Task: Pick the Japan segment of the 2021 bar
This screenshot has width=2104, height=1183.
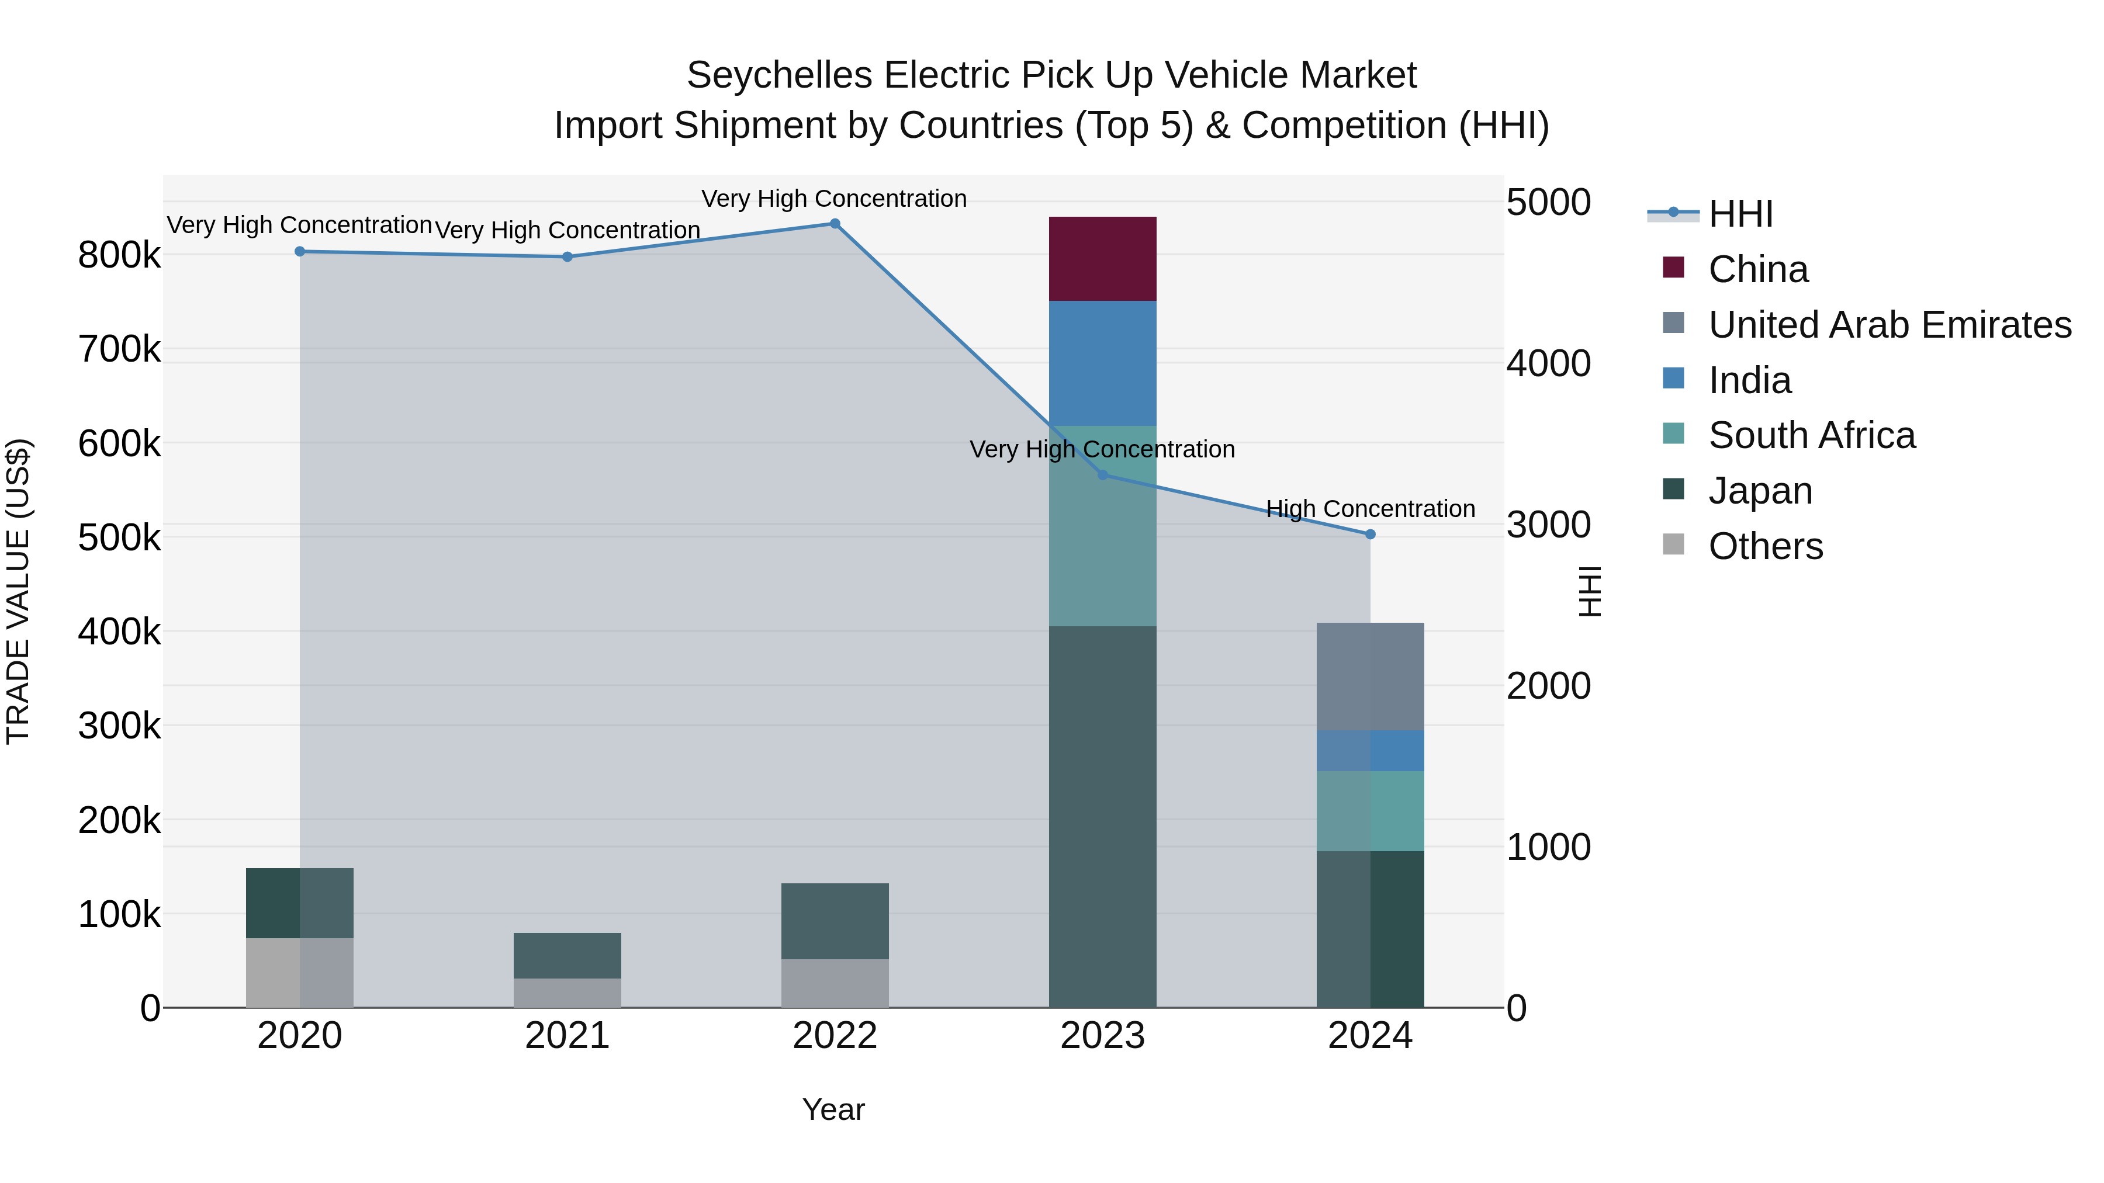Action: (x=567, y=955)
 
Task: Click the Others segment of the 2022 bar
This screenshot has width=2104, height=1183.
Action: (x=834, y=983)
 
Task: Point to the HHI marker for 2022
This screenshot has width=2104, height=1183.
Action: (x=835, y=224)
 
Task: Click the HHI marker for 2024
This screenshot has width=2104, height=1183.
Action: (x=1370, y=535)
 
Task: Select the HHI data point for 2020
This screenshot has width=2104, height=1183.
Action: (x=300, y=251)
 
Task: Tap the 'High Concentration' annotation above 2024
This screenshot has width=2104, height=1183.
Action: (x=1370, y=509)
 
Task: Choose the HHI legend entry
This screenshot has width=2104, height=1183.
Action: (x=1740, y=214)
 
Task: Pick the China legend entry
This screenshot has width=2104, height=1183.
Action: (x=1757, y=269)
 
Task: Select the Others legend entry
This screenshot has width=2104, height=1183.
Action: (x=1765, y=546)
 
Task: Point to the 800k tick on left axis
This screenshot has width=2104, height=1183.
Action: (x=119, y=255)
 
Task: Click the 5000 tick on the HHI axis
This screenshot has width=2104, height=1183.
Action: (x=1548, y=203)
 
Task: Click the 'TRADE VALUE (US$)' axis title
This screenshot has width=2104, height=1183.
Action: (x=18, y=591)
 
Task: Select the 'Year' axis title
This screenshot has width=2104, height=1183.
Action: (x=833, y=1109)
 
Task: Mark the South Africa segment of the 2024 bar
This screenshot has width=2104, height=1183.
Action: (x=1370, y=811)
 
